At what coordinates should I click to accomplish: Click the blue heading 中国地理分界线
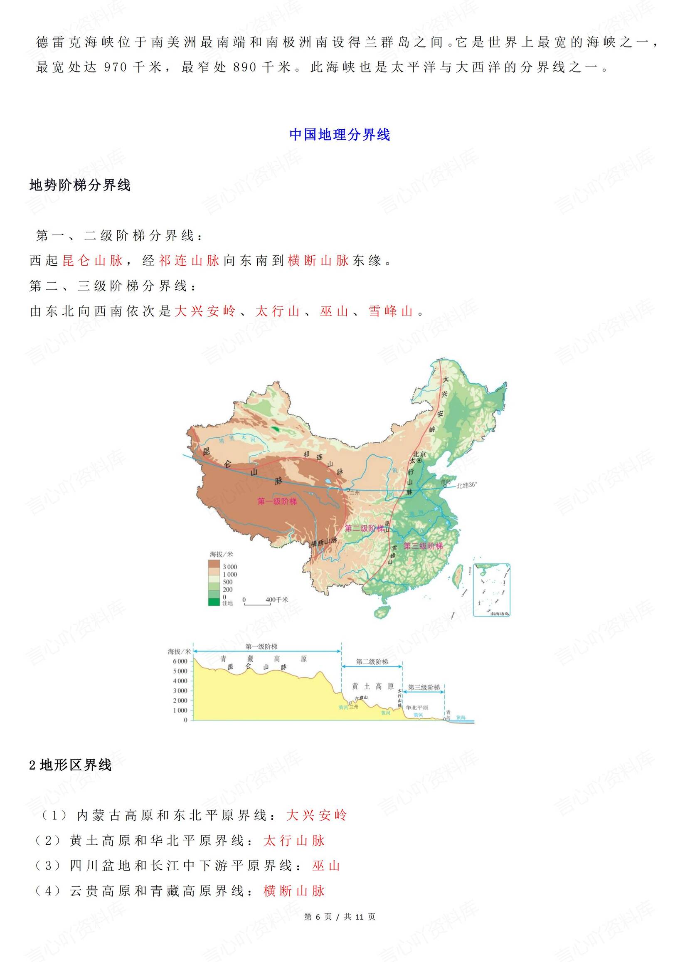(339, 135)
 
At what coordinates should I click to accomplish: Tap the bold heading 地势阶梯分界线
(80, 185)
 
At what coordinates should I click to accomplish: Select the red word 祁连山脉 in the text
(189, 261)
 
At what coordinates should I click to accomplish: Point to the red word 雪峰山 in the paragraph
(390, 311)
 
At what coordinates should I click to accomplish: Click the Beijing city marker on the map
(419, 460)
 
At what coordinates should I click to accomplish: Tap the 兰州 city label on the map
(355, 493)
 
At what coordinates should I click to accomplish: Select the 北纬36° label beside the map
(466, 485)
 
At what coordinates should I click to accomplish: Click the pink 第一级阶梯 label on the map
(277, 501)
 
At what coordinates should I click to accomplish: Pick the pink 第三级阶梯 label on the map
(423, 546)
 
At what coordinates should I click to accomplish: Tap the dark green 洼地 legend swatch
(214, 602)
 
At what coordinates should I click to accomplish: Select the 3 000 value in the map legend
(229, 567)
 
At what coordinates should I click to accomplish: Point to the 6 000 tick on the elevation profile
(180, 661)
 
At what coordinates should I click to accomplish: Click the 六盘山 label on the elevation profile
(361, 698)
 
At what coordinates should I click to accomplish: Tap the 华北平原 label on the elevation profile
(416, 708)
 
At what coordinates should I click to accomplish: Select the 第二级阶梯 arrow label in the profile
(372, 661)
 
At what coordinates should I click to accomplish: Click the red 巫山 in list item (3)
(325, 866)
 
